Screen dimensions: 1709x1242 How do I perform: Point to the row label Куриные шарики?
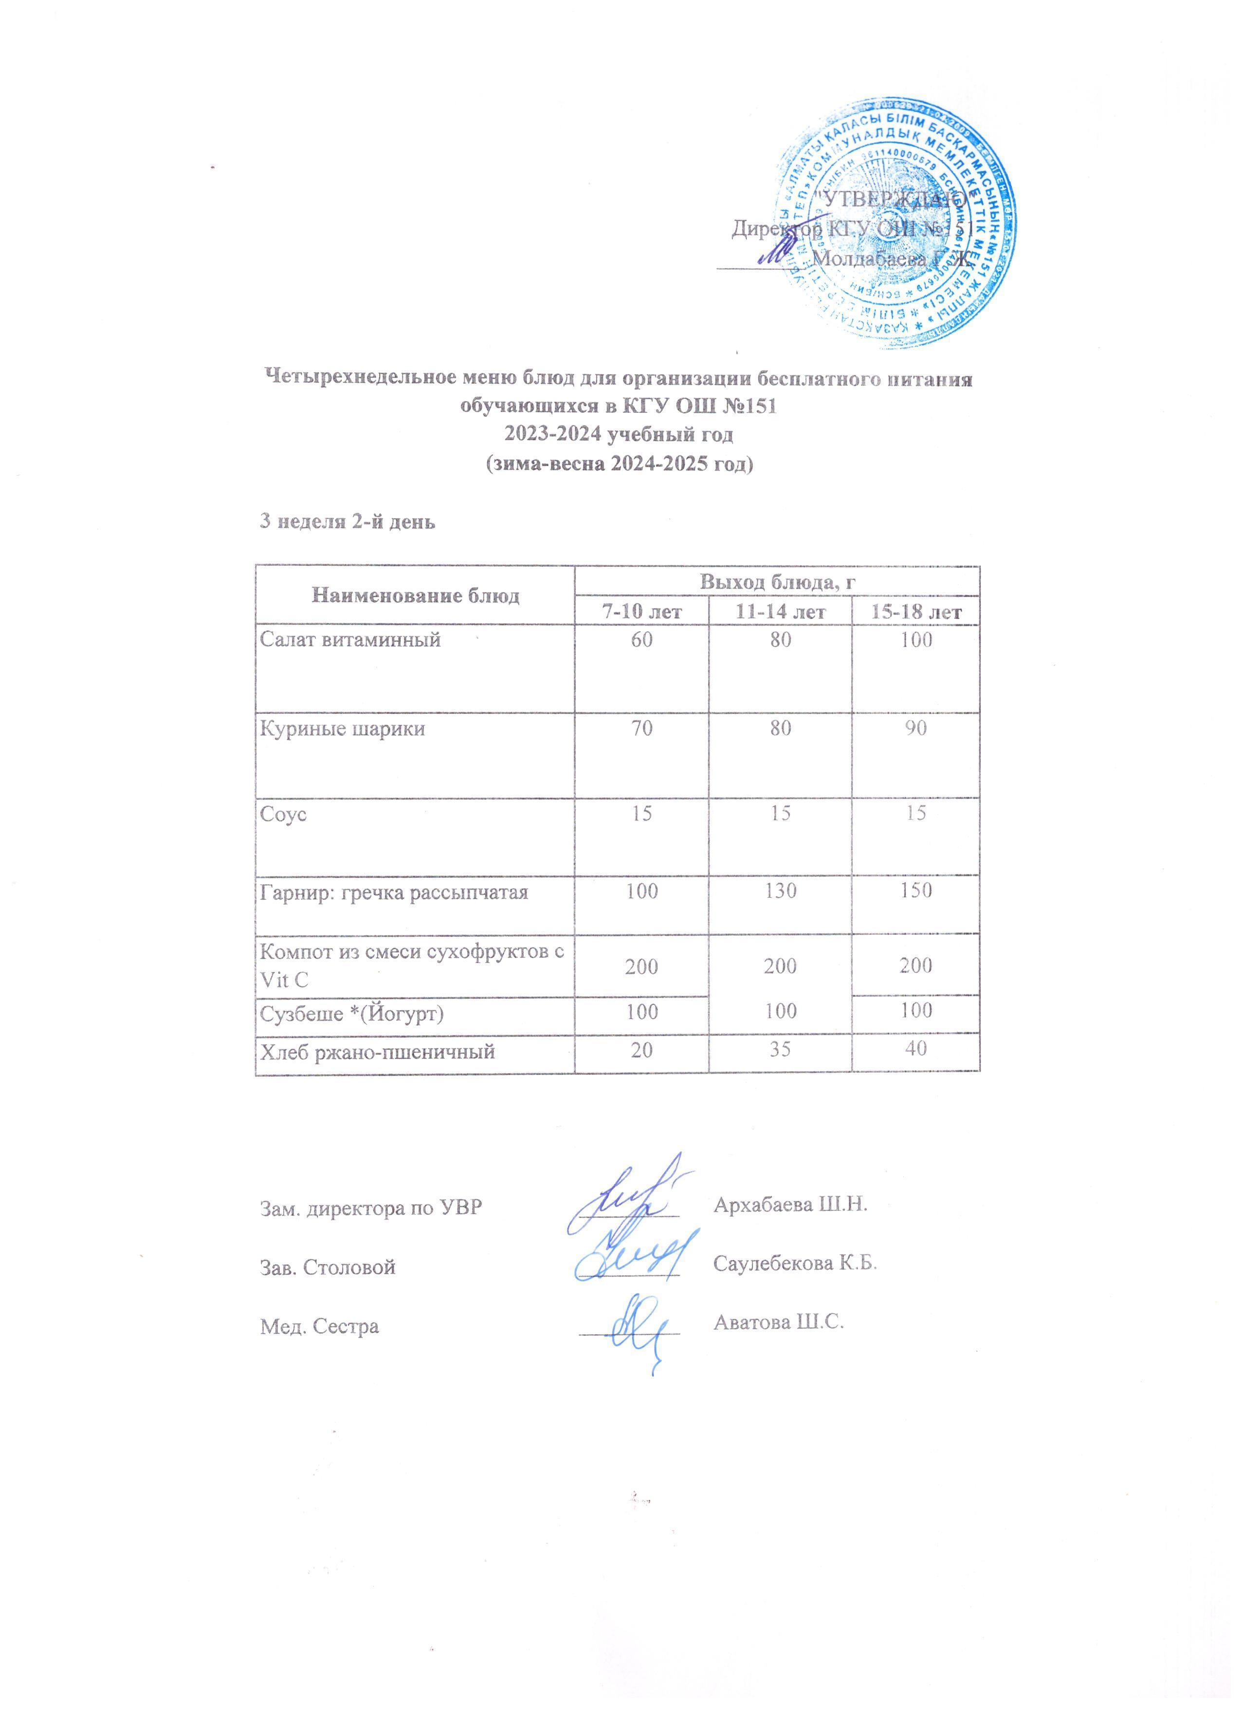(343, 729)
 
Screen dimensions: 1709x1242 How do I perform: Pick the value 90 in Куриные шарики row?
(916, 729)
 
